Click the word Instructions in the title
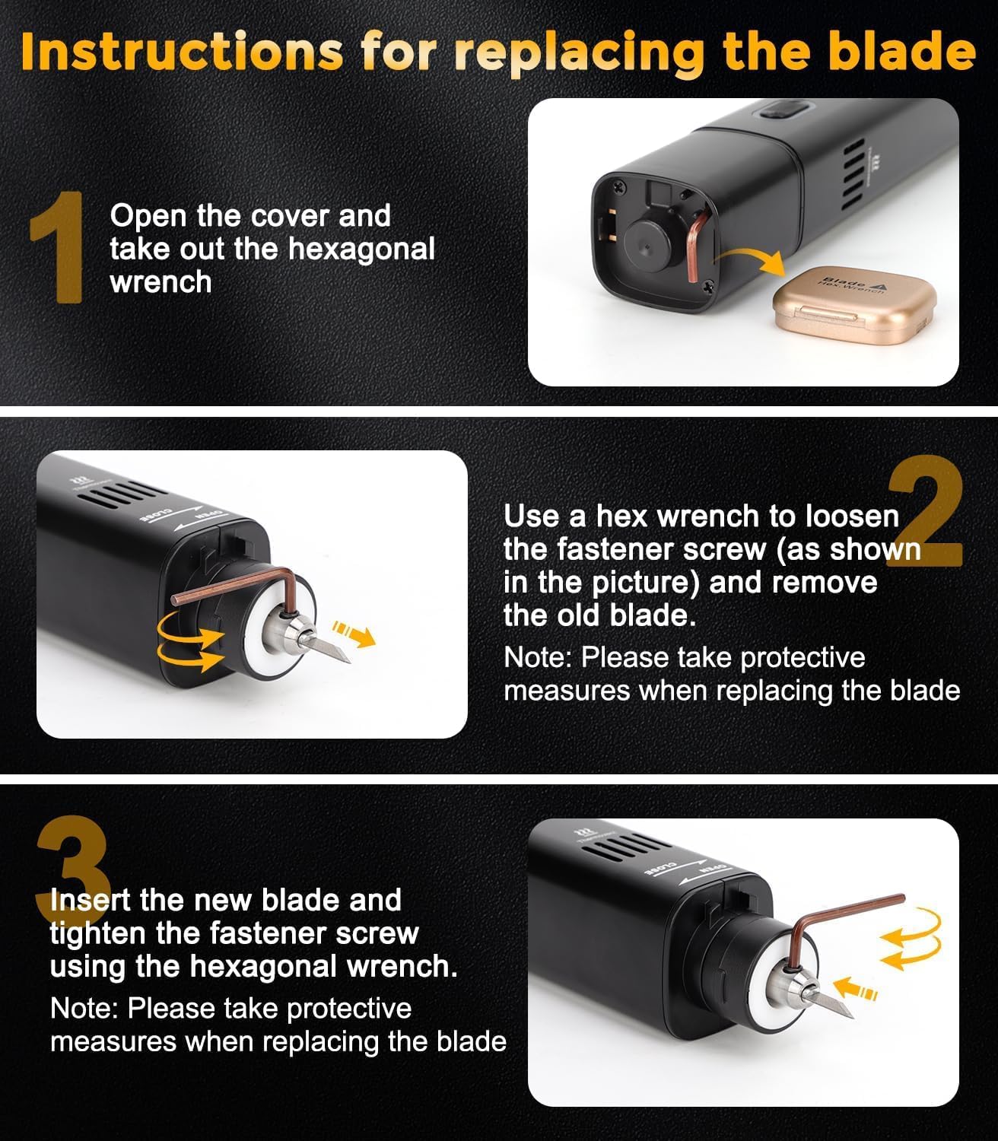click(x=182, y=51)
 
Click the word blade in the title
click(x=902, y=51)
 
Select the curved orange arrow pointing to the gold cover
click(x=750, y=261)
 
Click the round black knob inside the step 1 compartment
click(x=647, y=246)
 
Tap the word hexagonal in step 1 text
click(x=361, y=249)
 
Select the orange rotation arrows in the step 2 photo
click(x=190, y=640)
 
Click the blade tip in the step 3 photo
click(x=852, y=1017)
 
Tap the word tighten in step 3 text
click(x=97, y=933)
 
